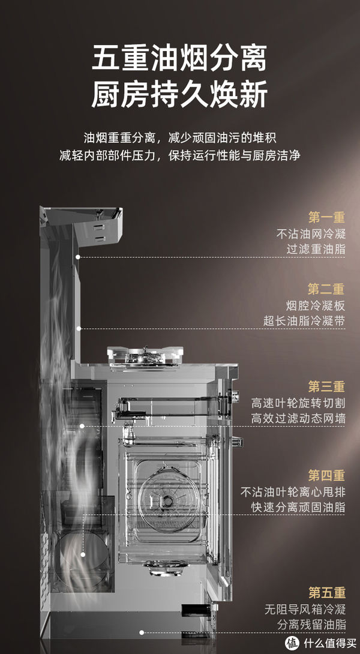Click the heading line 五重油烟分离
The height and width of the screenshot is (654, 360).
coord(179,60)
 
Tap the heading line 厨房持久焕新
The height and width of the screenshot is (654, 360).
coord(179,95)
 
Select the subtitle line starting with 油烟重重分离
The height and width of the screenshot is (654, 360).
coord(180,137)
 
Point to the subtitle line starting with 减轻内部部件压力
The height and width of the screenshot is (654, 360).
coord(180,155)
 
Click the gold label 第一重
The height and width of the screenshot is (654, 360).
coord(326,217)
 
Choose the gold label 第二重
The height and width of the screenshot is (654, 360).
coord(326,289)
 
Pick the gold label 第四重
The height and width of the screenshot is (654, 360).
coord(326,475)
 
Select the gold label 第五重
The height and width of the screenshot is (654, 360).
coord(326,593)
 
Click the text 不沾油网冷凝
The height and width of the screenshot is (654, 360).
coord(311,233)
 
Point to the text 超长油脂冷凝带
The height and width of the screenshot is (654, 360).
coord(304,321)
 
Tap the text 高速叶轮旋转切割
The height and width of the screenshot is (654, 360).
coord(298,403)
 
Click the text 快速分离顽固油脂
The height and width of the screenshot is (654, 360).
coord(298,507)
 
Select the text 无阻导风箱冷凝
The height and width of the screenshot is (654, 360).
coord(305,609)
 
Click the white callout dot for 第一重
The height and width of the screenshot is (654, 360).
coord(78,256)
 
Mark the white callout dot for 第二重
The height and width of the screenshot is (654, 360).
coord(79,328)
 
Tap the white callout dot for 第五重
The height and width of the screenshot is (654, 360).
coord(142,632)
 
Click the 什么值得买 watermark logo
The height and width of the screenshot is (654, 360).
coord(317,643)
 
